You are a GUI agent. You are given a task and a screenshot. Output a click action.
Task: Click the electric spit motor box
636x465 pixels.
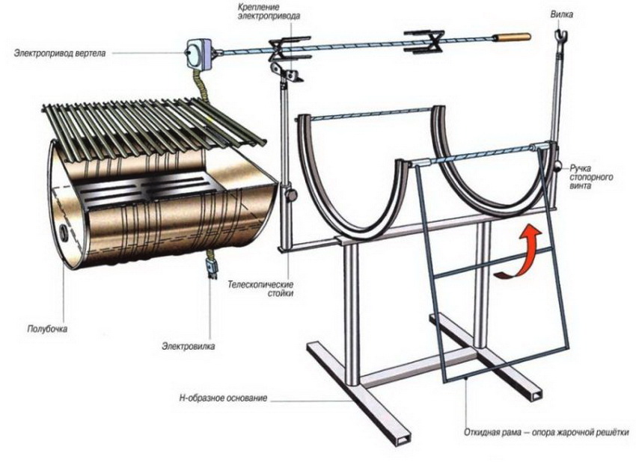(195, 52)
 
